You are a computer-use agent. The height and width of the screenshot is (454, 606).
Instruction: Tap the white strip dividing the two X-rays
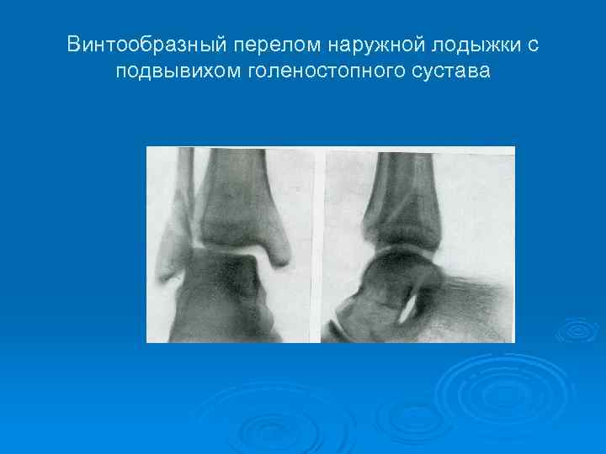pos(318,244)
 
